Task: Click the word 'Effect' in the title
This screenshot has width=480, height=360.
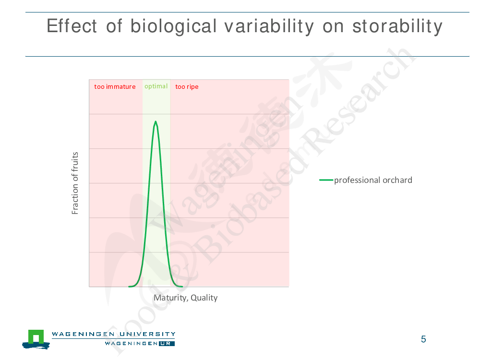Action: pos(72,26)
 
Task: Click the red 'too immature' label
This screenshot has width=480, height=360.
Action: pos(115,86)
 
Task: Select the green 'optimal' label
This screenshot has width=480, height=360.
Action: pos(156,86)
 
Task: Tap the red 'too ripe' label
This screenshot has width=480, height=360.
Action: pos(187,87)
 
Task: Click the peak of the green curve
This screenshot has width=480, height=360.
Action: pos(156,121)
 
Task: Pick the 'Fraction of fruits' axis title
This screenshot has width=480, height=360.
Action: pos(75,183)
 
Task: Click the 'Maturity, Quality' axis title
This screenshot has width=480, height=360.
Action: pos(185,298)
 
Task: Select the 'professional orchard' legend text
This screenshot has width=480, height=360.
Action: pos(373,180)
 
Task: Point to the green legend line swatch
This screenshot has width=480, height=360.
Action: pos(326,180)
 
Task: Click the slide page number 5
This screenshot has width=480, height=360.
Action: pos(423,339)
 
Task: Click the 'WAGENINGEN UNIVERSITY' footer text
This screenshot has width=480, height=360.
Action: pos(114,334)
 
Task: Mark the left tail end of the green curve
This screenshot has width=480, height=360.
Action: pos(129,287)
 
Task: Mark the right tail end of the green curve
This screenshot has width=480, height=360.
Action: pos(182,287)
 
